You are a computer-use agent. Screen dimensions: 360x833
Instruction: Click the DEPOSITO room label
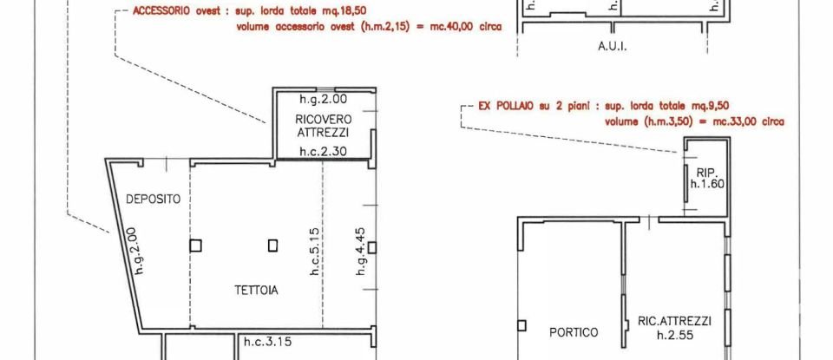pyautogui.click(x=154, y=200)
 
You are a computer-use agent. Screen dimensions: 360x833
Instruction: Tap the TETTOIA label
pyautogui.click(x=255, y=291)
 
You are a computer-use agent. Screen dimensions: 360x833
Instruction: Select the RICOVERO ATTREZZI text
pyautogui.click(x=323, y=126)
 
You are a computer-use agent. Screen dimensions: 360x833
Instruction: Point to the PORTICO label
pyautogui.click(x=574, y=332)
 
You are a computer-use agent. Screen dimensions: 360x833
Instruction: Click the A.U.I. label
pyautogui.click(x=612, y=46)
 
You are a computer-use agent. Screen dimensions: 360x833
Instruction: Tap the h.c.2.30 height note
pyautogui.click(x=323, y=151)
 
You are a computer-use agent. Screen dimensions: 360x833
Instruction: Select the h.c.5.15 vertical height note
pyautogui.click(x=316, y=252)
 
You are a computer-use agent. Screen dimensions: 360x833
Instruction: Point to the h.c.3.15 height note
pyautogui.click(x=267, y=341)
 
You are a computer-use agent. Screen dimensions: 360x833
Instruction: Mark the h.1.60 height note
pyautogui.click(x=707, y=184)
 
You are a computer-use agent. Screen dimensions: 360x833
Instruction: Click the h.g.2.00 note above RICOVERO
pyautogui.click(x=323, y=98)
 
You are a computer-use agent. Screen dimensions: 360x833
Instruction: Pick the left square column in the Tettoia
pyautogui.click(x=195, y=245)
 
